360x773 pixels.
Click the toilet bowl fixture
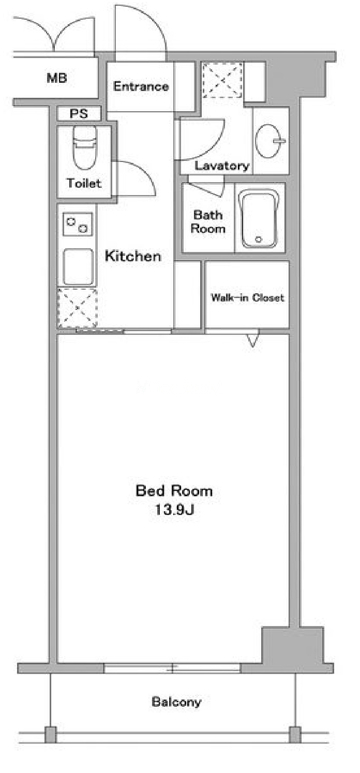tap(84, 147)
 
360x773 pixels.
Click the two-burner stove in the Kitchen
tap(78, 225)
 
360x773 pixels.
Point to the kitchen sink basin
tap(78, 267)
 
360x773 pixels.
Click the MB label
tap(57, 78)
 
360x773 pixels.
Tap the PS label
tap(79, 113)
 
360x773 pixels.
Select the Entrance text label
tap(141, 86)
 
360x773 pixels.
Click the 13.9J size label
tap(174, 510)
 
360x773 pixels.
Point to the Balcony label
tap(176, 702)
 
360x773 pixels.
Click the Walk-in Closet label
tap(248, 298)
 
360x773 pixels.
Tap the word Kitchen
tap(133, 256)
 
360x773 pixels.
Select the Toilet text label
tap(84, 183)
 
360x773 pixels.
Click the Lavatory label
tap(222, 166)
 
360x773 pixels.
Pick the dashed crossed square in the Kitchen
tap(78, 307)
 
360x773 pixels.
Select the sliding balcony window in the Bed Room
tap(172, 668)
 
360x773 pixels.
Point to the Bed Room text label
tap(174, 490)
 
